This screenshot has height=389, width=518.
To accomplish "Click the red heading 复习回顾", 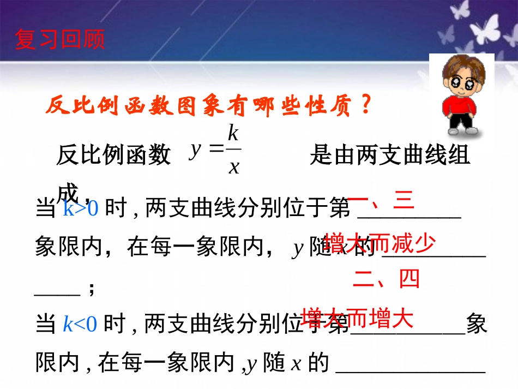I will [60, 40].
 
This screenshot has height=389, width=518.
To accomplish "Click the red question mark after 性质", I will [366, 105].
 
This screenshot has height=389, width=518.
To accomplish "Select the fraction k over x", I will [233, 149].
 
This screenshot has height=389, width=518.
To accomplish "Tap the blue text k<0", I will [80, 325].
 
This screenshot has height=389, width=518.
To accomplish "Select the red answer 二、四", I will [386, 279].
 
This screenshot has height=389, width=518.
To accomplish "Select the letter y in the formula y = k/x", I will [195, 150].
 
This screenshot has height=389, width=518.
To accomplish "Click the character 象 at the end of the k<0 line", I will [477, 325].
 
